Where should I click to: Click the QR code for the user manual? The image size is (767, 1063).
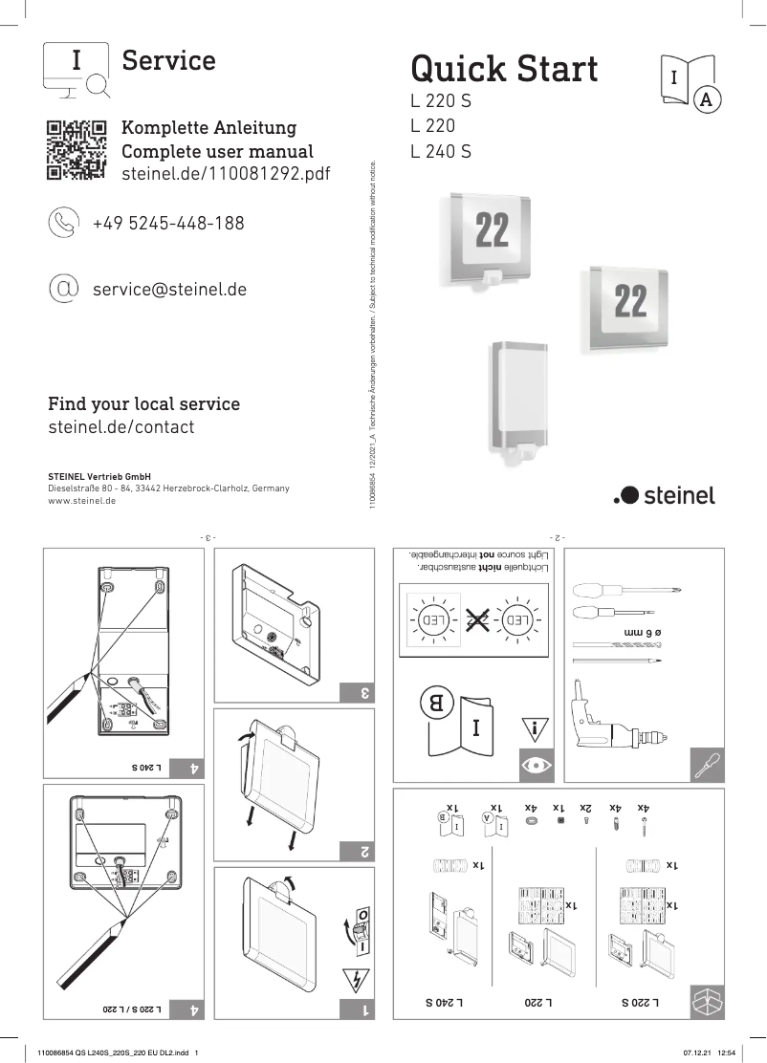(x=76, y=150)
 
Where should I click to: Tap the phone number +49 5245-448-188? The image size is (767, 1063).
(x=168, y=223)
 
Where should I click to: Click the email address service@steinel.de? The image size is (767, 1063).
(x=169, y=288)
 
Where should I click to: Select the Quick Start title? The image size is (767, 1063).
(x=504, y=69)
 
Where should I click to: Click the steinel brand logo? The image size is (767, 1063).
(x=664, y=494)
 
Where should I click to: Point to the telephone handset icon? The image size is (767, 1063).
(x=64, y=223)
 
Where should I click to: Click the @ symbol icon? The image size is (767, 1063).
(x=64, y=288)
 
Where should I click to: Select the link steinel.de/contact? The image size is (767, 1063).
(x=121, y=427)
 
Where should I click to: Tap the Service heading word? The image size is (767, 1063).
(x=169, y=60)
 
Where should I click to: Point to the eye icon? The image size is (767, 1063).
(x=534, y=766)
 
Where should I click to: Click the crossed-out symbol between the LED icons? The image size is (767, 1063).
(x=477, y=620)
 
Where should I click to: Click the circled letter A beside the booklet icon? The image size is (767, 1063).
(x=707, y=99)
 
